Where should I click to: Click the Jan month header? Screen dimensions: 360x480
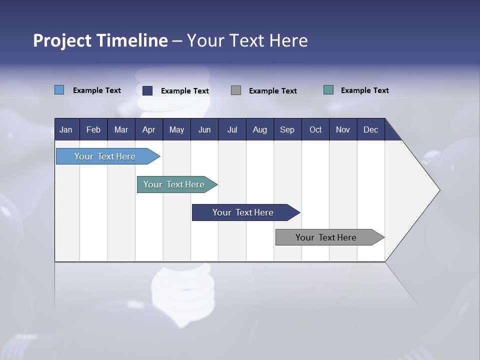point(66,129)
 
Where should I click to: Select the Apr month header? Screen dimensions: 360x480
point(149,129)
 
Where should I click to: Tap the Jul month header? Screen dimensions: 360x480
point(232,129)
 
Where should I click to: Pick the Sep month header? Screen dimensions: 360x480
point(287,129)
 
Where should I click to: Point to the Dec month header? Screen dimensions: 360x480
point(370,129)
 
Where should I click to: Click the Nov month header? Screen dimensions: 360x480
point(343,129)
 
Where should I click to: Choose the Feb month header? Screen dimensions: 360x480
point(93,129)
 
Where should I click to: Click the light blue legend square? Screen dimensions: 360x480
point(59,90)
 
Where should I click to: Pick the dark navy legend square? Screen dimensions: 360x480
point(147,90)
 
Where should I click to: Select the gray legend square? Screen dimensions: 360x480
point(236,90)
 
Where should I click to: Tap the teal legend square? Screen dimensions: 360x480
point(328,90)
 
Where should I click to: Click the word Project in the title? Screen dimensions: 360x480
point(61,40)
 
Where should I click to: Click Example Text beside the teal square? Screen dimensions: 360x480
point(364,90)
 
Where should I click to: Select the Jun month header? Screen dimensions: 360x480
point(204,129)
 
